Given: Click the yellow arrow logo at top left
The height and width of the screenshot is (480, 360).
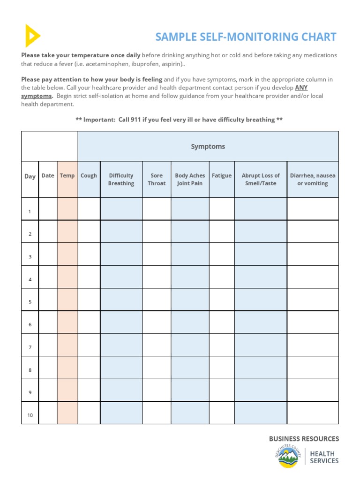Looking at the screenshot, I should pos(32,36).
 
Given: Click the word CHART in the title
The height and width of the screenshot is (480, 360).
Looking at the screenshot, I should pos(319,37).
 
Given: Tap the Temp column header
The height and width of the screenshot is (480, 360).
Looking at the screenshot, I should pos(67,176).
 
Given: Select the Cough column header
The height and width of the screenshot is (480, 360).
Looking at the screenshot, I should pos(89,176).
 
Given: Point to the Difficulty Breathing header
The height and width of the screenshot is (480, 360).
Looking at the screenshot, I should pos(121,180).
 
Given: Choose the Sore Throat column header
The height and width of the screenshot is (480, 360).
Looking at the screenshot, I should pos(157,180).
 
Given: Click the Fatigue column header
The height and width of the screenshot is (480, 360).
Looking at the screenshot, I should pos(222,176).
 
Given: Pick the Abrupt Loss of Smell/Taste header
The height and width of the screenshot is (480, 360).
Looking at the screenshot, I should pos(261,180).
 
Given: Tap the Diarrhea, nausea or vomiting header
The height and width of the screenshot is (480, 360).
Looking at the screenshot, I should pos(313,180).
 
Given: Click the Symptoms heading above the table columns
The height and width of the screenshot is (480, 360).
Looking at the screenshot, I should pos(208,147).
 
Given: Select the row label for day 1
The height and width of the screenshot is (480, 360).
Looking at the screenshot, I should pos(30,212).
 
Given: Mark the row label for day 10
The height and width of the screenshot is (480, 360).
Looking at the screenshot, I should pos(30,415).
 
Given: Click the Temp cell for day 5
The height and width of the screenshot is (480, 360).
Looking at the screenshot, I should pos(67,300).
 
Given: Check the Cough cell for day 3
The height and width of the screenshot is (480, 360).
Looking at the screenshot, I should pos(89,254).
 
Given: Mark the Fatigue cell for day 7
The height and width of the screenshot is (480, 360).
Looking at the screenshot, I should pos(222,345).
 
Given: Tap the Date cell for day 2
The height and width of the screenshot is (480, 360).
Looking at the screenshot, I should pos(48,232).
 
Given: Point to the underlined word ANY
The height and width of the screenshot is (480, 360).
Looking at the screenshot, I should pos(301,88).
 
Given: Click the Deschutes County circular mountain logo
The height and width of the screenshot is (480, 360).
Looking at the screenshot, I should pos(288,456).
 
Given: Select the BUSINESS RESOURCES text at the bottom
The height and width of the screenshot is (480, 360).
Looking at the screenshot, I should pos(304,439).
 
